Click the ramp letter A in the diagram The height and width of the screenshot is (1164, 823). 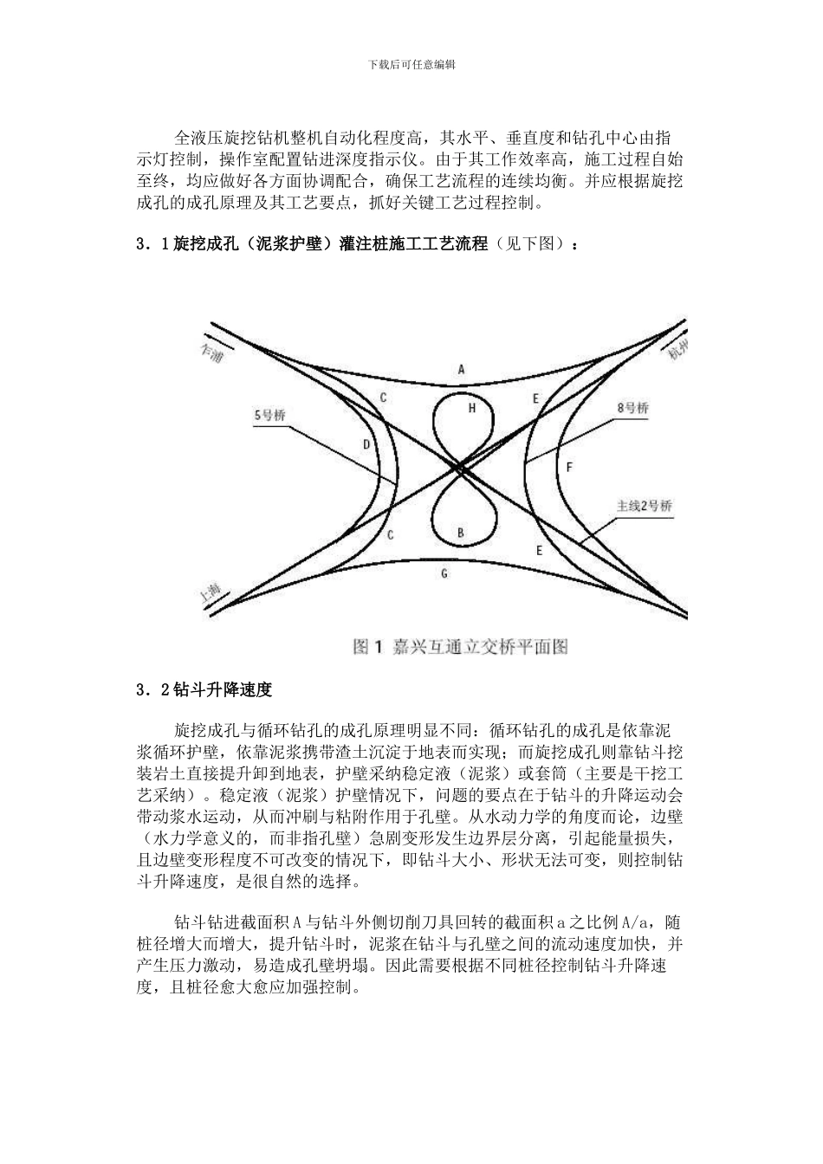462,369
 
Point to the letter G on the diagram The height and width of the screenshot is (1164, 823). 444,573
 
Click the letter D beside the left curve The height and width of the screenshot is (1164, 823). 366,445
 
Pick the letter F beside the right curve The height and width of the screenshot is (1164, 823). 569,467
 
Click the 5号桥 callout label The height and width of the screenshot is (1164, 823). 269,415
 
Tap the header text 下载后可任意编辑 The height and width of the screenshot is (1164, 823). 411,64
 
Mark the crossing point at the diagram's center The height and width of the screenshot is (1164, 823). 460,469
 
